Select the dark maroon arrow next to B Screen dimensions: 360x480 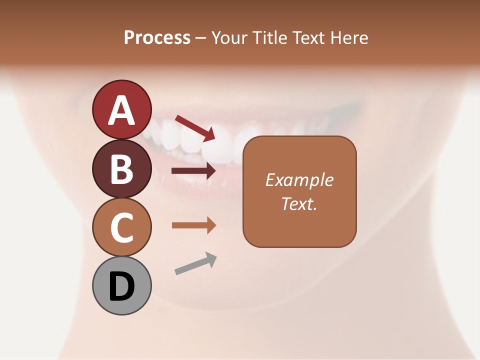(x=193, y=171)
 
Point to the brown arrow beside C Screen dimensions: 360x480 (x=193, y=225)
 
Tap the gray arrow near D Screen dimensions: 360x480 (x=195, y=263)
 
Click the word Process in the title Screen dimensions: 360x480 (x=157, y=38)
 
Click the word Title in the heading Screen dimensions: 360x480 (x=268, y=38)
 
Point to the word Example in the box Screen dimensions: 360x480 (x=299, y=180)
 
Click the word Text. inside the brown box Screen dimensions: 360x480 (x=299, y=204)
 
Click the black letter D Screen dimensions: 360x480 (x=121, y=287)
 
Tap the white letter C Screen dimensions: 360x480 (x=121, y=227)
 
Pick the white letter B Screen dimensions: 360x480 (x=121, y=169)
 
